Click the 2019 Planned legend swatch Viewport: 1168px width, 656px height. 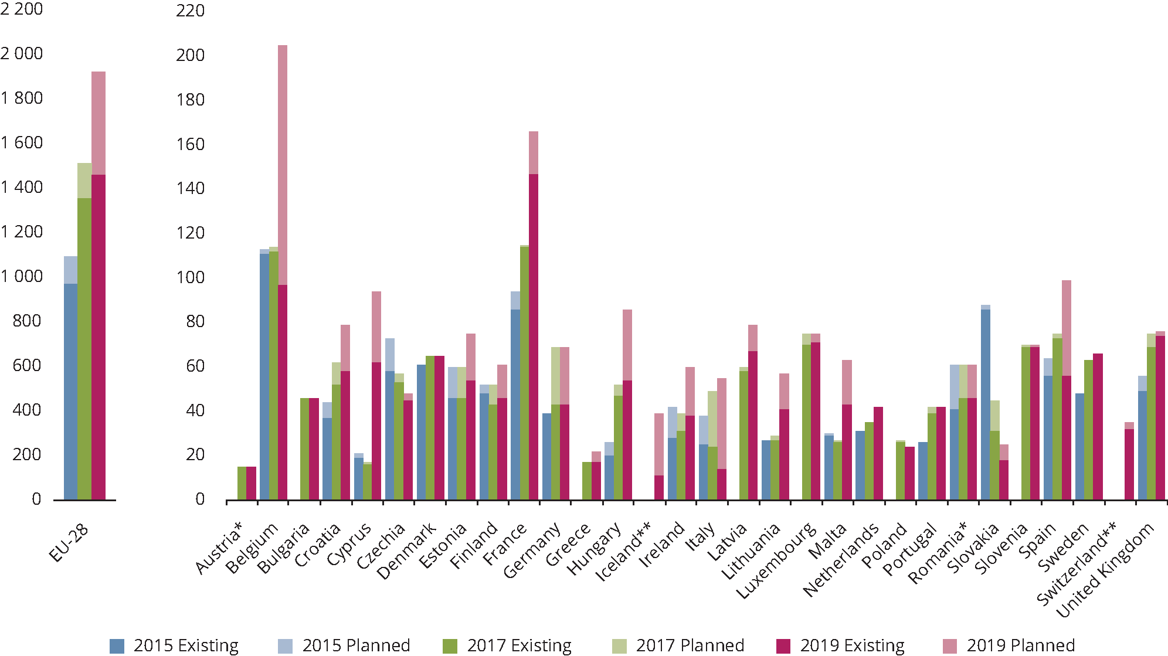[x=949, y=645]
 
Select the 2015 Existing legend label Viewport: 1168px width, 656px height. [x=186, y=645]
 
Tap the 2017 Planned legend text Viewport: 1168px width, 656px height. [x=690, y=645]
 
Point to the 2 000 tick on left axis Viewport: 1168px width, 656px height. [x=22, y=54]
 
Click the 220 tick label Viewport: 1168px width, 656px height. [x=190, y=11]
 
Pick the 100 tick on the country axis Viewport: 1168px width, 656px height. [x=190, y=277]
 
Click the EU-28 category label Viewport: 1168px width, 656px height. [x=69, y=542]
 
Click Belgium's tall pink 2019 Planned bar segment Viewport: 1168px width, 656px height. [x=283, y=164]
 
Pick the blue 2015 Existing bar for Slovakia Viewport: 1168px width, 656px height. [x=986, y=405]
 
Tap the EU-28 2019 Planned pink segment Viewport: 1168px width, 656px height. [x=99, y=123]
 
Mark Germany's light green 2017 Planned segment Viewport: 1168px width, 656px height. [x=555, y=375]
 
